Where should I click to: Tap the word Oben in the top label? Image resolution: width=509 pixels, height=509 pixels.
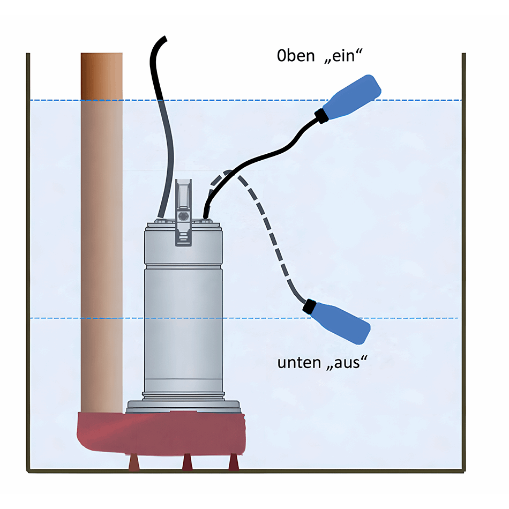click(x=295, y=56)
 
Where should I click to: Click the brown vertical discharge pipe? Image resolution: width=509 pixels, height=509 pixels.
click(x=101, y=230)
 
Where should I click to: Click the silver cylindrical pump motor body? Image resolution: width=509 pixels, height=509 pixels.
click(x=183, y=311)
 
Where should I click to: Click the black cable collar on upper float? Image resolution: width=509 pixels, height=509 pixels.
click(x=321, y=116)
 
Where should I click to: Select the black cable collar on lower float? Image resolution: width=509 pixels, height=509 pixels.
click(x=309, y=307)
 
